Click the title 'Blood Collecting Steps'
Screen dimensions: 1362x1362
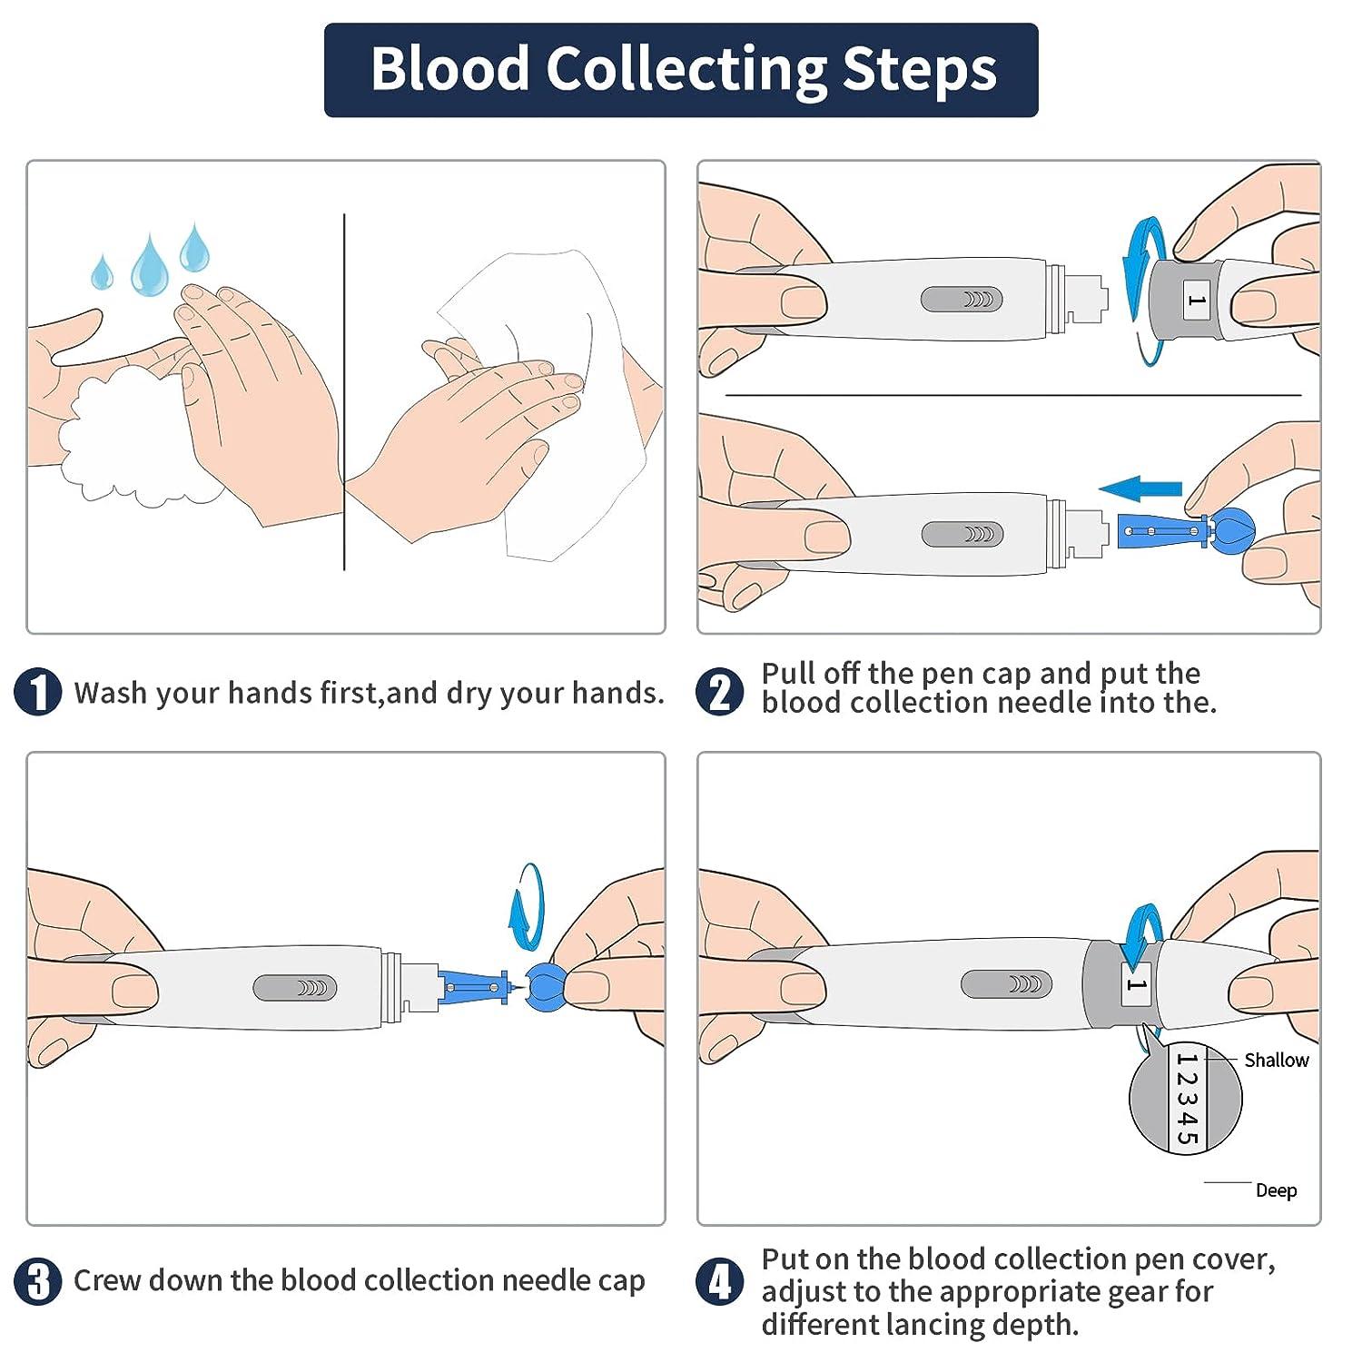pyautogui.click(x=682, y=69)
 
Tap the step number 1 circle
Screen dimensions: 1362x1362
pyautogui.click(x=38, y=692)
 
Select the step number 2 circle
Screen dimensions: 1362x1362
pyautogui.click(x=719, y=692)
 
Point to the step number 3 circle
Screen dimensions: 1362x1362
pyautogui.click(x=38, y=1281)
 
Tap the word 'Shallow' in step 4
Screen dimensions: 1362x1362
pyautogui.click(x=1276, y=1060)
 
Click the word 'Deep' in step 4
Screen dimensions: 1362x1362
pyautogui.click(x=1276, y=1190)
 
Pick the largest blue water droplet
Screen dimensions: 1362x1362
pyautogui.click(x=150, y=266)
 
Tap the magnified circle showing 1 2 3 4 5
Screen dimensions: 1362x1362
pyautogui.click(x=1185, y=1099)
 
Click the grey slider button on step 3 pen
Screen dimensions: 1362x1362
pyautogui.click(x=294, y=988)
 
